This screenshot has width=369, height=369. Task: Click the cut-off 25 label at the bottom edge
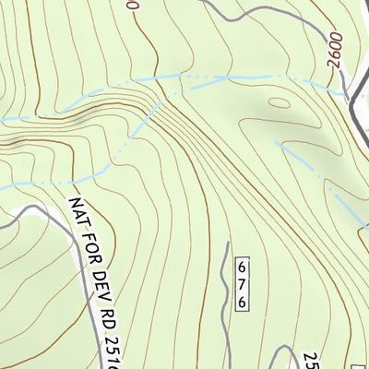coord(311,358)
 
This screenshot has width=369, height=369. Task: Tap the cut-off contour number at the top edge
coord(135,5)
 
